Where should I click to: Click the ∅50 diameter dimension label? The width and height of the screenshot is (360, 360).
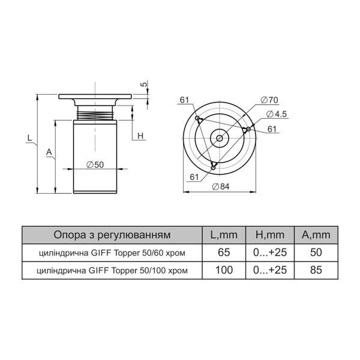[95, 164]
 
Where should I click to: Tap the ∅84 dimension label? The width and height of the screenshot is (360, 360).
[221, 187]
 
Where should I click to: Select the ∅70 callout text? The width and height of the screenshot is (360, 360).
[269, 100]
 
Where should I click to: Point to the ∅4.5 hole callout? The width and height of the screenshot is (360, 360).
[276, 114]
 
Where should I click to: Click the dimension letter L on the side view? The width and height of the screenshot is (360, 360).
[29, 138]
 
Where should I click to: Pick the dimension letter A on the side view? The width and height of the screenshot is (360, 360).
[49, 152]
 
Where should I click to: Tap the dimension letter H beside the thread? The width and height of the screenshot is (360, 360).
[140, 136]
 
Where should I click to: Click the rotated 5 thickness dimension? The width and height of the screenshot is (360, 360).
[144, 84]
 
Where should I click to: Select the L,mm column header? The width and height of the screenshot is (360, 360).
[224, 235]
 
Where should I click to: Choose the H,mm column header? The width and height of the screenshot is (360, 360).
[270, 235]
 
